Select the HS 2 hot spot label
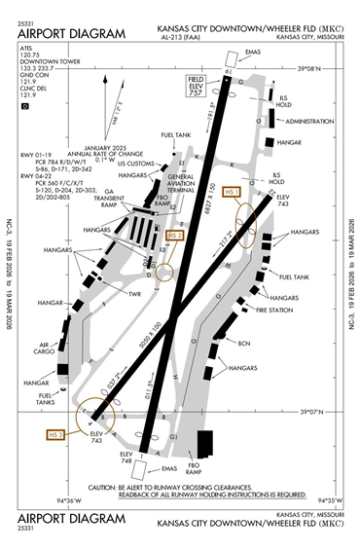174,235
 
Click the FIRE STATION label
275,310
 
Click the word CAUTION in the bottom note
105,486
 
